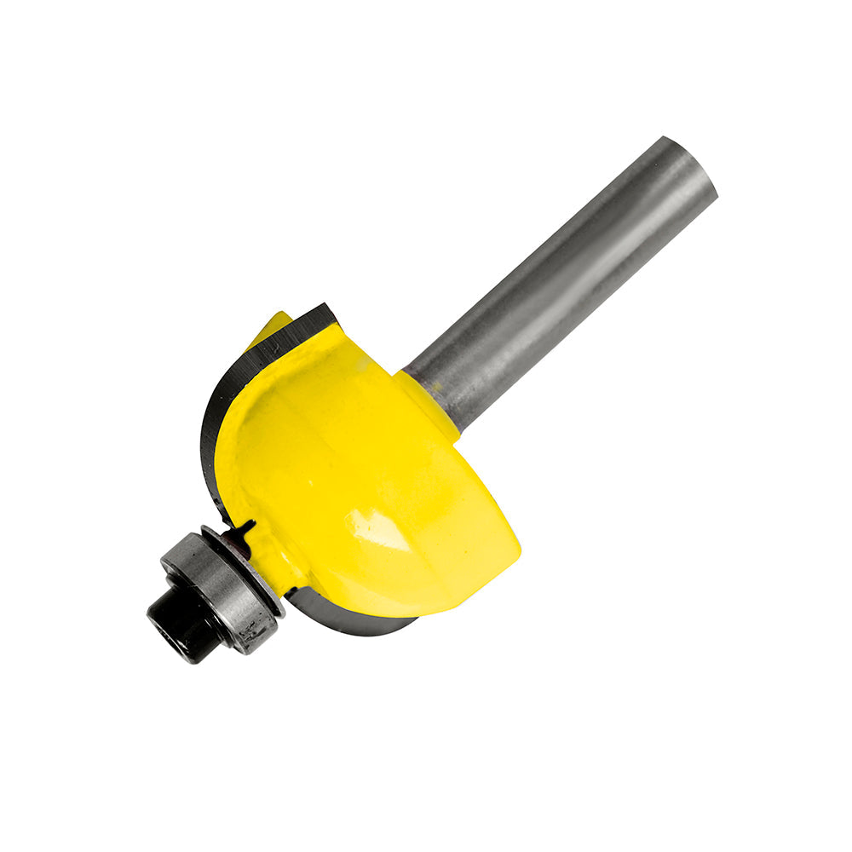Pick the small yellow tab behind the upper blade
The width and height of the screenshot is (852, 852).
coord(271,328)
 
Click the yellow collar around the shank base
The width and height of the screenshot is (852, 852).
coord(430,400)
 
